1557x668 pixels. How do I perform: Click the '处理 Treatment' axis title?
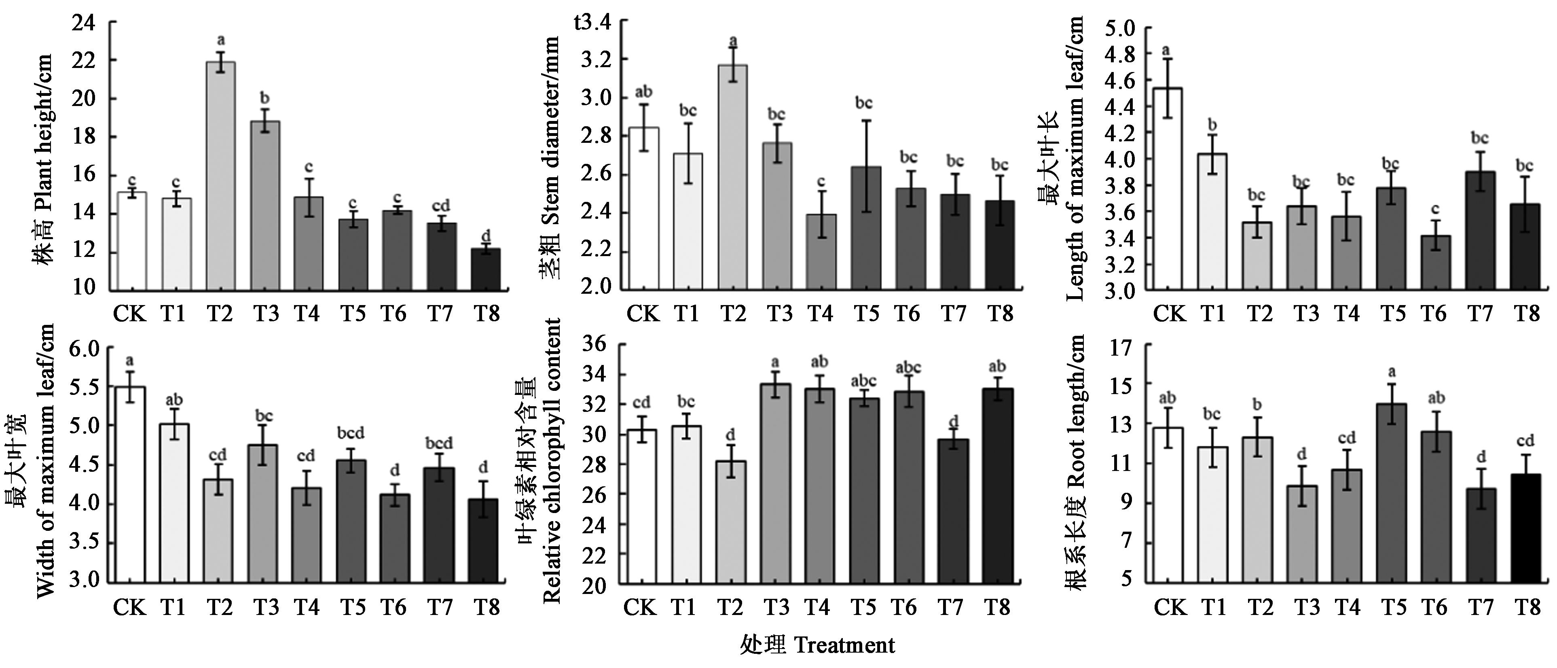pos(817,645)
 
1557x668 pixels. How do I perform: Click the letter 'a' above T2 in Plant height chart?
pos(221,40)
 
